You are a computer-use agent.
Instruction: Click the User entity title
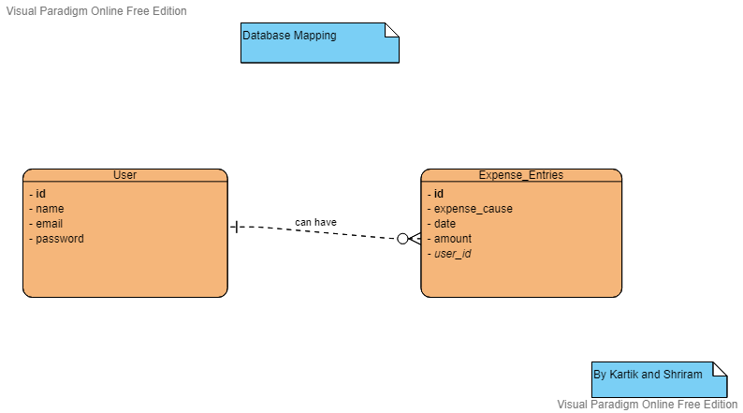(x=124, y=174)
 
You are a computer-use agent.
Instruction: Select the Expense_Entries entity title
(x=520, y=174)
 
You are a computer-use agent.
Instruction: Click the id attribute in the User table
(x=40, y=194)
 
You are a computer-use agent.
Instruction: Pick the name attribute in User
(x=49, y=209)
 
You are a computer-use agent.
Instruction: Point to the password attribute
(x=59, y=239)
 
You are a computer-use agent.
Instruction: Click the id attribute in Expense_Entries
(x=438, y=194)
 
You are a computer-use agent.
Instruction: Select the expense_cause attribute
(x=473, y=209)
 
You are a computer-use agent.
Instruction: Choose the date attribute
(x=444, y=224)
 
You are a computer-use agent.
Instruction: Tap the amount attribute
(x=452, y=239)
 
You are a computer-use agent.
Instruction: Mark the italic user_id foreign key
(x=452, y=254)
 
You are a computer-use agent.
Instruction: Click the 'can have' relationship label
(x=315, y=222)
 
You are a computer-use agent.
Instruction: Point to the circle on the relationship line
(x=403, y=239)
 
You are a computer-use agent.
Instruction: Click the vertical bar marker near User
(x=235, y=227)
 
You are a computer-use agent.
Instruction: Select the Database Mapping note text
(x=289, y=36)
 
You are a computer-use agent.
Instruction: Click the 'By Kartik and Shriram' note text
(x=648, y=375)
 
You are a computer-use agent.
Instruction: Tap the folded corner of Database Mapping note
(x=392, y=30)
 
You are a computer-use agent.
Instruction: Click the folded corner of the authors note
(x=720, y=369)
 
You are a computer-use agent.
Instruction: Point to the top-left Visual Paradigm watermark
(x=95, y=11)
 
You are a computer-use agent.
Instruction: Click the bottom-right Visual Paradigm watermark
(x=647, y=405)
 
